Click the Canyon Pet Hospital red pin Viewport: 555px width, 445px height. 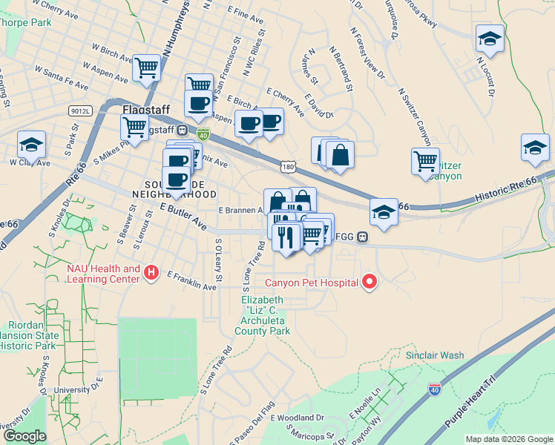click(369, 282)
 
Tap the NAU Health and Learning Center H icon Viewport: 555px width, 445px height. click(151, 273)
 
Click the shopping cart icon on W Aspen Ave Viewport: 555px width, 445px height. click(147, 68)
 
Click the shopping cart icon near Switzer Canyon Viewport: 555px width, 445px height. click(425, 160)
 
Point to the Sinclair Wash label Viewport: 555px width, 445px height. click(435, 355)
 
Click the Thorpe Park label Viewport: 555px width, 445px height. click(25, 22)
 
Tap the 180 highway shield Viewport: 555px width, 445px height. click(288, 168)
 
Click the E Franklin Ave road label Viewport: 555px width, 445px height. click(191, 280)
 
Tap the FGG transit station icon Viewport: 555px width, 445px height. click(362, 237)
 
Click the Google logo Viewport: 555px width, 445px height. click(24, 436)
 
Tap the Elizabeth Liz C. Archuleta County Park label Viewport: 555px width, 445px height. click(263, 315)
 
